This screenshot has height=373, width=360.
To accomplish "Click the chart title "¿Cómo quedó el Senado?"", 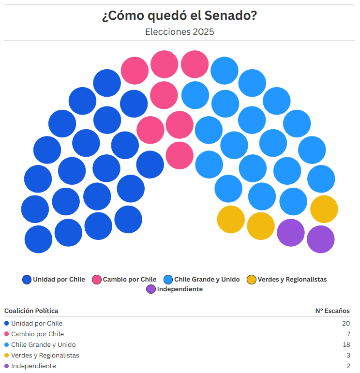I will pyautogui.click(x=180, y=16).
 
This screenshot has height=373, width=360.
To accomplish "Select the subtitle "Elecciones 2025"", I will pyautogui.click(x=180, y=32).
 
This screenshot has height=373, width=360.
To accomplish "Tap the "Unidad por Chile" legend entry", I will pyautogui.click(x=54, y=279).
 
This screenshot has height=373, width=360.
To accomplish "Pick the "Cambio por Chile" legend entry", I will pyautogui.click(x=124, y=279).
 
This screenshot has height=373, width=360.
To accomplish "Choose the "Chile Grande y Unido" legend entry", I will pyautogui.click(x=202, y=279).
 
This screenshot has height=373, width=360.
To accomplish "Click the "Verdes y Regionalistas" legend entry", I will pyautogui.click(x=287, y=279).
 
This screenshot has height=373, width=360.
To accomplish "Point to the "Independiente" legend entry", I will pyautogui.click(x=175, y=289).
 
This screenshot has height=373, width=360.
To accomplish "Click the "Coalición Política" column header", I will pyautogui.click(x=31, y=311).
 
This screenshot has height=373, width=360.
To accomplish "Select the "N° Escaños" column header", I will pyautogui.click(x=332, y=311).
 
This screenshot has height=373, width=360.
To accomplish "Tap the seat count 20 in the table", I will pyautogui.click(x=345, y=323).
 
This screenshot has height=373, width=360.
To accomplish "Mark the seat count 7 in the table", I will pyautogui.click(x=347, y=334).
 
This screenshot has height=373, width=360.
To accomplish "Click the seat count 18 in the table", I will pyautogui.click(x=345, y=344).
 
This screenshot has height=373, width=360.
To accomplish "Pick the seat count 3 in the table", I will pyautogui.click(x=347, y=355).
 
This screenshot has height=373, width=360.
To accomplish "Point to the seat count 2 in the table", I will pyautogui.click(x=347, y=366).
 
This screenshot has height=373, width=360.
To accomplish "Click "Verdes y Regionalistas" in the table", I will pyautogui.click(x=45, y=355).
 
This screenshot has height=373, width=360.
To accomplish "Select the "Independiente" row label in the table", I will pyautogui.click(x=33, y=366).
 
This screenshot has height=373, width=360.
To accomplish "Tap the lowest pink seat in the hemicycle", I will pyautogui.click(x=180, y=155).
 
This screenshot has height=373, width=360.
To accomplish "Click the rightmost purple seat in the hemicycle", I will pyautogui.click(x=321, y=239).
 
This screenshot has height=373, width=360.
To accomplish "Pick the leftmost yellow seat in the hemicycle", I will pyautogui.click(x=231, y=219).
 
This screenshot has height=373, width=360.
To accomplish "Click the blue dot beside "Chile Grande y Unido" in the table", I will pyautogui.click(x=7, y=344).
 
